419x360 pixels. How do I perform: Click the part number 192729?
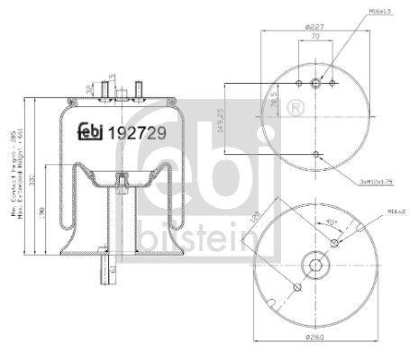point(137,133)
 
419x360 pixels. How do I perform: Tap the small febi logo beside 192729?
point(91,132)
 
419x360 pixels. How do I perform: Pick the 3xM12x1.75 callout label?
point(377,181)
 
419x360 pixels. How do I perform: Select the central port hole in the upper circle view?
point(315,83)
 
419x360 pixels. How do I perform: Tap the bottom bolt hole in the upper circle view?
point(315,154)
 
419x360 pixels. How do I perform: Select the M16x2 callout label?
point(396,211)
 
